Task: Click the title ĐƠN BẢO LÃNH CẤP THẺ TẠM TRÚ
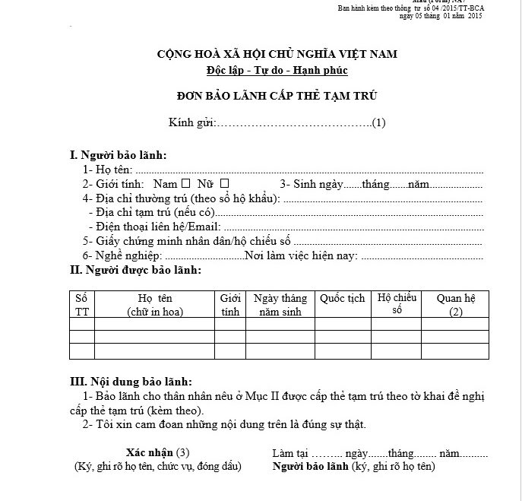pos(277,96)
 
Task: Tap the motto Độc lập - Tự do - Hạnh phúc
pos(277,70)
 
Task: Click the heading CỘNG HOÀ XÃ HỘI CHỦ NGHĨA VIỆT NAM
pos(277,54)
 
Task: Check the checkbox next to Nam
pos(186,183)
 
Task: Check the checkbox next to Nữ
pos(224,183)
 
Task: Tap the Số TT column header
pos(81,304)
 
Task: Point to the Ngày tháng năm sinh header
pos(280,304)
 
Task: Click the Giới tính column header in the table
pos(230,304)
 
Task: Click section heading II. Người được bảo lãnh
pos(135,270)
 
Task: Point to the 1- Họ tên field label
pos(108,170)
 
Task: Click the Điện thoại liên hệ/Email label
pos(155,227)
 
